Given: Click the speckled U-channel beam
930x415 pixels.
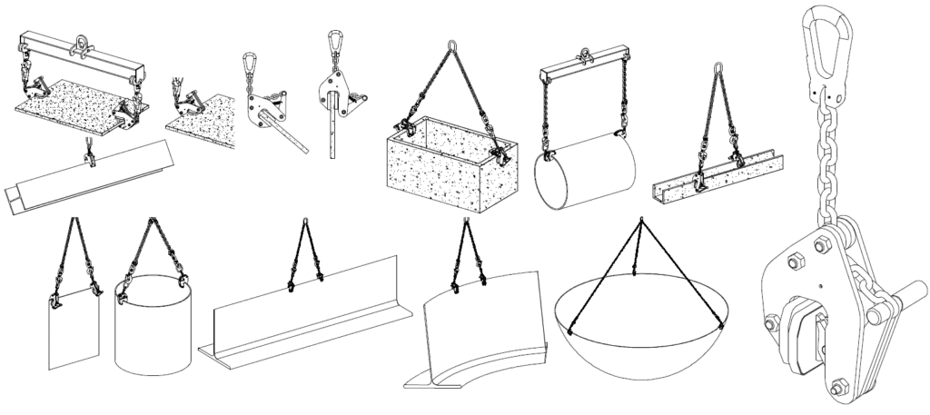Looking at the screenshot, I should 717,181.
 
